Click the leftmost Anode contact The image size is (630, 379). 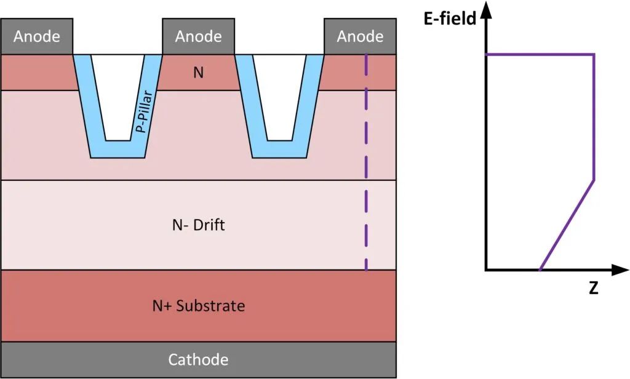click(37, 36)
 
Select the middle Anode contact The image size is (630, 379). click(198, 36)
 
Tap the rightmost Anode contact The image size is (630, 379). click(360, 36)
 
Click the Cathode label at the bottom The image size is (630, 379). click(198, 359)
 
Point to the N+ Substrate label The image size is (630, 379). click(198, 305)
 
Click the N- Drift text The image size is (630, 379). click(198, 225)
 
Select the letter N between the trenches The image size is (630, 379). click(198, 73)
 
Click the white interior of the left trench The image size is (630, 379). click(118, 92)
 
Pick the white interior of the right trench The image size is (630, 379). click(279, 92)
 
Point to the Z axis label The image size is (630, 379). click(593, 288)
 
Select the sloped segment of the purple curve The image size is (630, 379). click(567, 225)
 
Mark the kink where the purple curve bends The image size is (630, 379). click(594, 180)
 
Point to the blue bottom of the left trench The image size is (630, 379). click(118, 150)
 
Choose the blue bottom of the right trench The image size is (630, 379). click(279, 150)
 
